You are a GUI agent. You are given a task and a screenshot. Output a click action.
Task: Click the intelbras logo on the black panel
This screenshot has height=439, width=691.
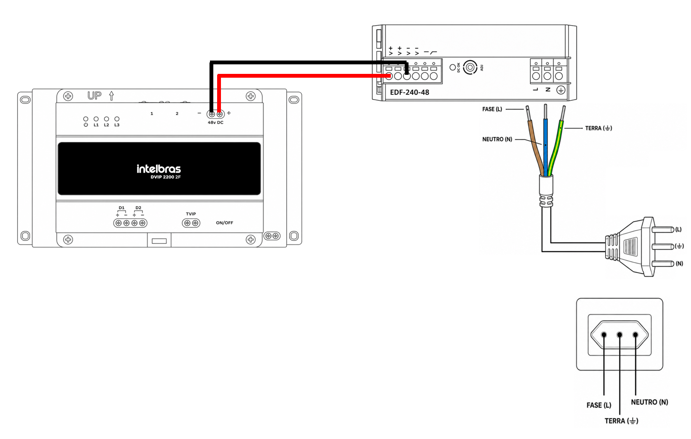[158, 169]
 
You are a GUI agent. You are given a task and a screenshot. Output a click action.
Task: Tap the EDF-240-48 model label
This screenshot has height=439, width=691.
[409, 92]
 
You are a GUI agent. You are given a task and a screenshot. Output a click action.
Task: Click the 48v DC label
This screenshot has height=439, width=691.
[215, 123]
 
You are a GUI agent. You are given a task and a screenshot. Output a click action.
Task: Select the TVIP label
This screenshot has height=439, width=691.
[190, 214]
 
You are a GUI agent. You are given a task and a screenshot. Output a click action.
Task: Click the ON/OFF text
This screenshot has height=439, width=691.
[224, 223]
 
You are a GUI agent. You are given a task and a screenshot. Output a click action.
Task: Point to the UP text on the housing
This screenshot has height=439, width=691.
[94, 96]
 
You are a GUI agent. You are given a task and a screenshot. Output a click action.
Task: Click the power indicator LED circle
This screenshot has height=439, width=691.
[86, 119]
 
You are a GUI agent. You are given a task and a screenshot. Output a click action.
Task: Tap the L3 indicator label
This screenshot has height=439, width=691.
[116, 125]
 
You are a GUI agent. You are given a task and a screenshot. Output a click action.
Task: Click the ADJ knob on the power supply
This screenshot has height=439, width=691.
[470, 67]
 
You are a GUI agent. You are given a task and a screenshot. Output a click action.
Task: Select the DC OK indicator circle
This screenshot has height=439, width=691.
[452, 67]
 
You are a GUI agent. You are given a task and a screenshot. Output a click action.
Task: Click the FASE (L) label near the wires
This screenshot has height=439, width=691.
[492, 109]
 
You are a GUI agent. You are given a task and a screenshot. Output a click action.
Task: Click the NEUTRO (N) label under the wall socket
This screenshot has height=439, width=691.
[649, 402]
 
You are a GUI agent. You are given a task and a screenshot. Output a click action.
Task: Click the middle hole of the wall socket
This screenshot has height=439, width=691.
[619, 335]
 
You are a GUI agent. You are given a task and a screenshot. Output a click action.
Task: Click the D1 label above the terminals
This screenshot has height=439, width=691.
[122, 208]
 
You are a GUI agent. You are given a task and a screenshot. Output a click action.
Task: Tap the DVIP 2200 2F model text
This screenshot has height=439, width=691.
[165, 177]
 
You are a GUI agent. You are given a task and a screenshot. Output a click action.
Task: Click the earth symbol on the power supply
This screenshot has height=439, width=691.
[561, 90]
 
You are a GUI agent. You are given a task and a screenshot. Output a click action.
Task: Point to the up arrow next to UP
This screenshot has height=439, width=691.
[111, 96]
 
